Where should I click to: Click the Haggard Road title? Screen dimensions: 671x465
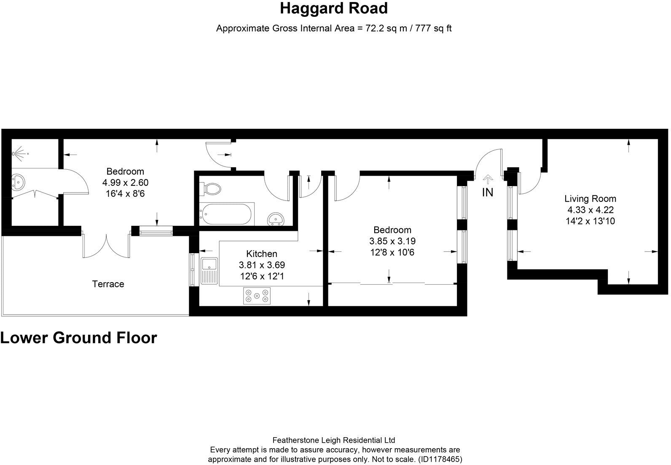(x=334, y=8)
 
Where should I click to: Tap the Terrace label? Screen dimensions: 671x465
(x=108, y=284)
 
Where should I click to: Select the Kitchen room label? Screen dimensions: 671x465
(x=261, y=254)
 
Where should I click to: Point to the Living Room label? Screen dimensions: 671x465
(x=590, y=198)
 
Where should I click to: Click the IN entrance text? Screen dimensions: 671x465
(x=488, y=192)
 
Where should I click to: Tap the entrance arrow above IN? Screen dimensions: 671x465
(x=488, y=179)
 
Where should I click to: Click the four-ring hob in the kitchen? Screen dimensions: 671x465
(x=257, y=296)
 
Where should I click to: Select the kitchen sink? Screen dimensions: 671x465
(x=209, y=271)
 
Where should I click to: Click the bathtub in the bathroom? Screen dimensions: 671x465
(x=227, y=214)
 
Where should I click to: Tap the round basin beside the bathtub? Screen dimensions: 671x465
(x=275, y=219)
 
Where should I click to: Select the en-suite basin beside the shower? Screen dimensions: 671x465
(x=18, y=182)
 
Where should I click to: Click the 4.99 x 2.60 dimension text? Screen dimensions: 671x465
(x=125, y=182)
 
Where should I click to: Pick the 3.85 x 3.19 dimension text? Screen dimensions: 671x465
(x=392, y=241)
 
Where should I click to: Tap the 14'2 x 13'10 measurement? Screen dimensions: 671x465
(x=590, y=221)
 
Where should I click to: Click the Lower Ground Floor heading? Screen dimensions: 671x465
(x=79, y=338)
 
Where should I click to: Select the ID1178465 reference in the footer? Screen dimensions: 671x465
(x=440, y=459)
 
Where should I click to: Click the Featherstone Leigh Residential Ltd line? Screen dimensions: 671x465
(x=334, y=440)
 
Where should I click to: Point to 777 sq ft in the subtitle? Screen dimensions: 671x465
(x=433, y=29)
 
